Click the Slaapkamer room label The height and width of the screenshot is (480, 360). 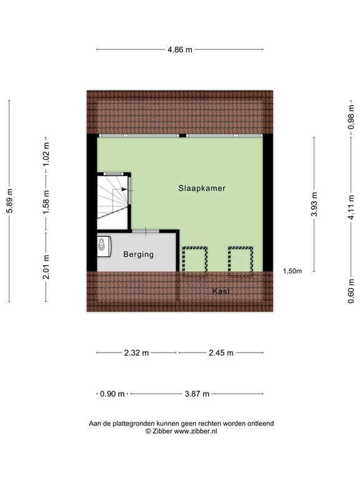pos(201,188)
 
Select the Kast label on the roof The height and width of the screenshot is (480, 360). pos(221,292)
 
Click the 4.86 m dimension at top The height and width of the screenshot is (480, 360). pos(179,49)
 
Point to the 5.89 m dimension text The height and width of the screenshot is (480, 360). pos(9,202)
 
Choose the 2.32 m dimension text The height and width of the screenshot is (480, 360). pos(136,352)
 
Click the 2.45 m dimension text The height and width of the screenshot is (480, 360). pos(220,352)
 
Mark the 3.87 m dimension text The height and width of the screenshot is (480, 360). pos(196,394)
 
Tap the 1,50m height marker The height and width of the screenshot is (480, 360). pos(292,271)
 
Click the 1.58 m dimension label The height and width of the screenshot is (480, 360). pos(46,202)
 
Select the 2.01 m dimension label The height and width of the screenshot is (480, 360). pos(46,269)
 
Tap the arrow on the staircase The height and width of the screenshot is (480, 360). pos(125,189)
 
